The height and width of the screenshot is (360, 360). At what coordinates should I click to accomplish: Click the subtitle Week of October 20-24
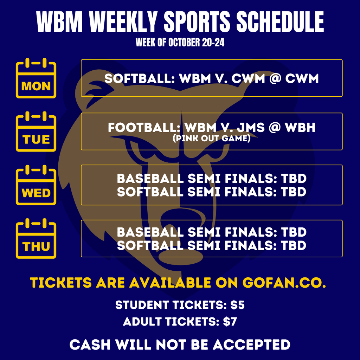(180, 43)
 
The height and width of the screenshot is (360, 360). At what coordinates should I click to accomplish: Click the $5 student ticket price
(237, 305)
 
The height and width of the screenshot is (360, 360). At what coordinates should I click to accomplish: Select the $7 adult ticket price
(230, 322)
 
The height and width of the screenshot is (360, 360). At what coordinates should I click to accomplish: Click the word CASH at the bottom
(89, 345)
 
